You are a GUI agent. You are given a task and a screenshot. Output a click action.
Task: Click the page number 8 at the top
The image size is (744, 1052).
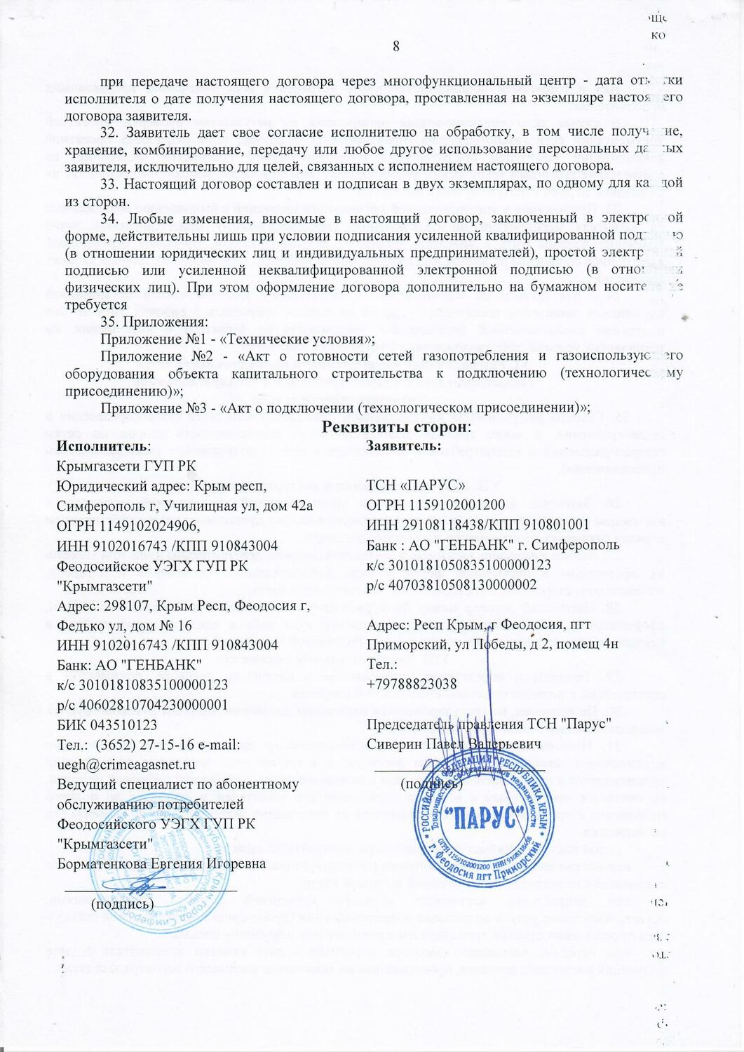click(395, 47)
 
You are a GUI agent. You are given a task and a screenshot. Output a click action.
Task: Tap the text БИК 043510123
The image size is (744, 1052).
click(107, 724)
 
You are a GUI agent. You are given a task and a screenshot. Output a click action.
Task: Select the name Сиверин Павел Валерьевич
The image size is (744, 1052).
click(453, 743)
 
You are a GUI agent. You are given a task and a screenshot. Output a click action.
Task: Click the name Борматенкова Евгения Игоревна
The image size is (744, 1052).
click(161, 863)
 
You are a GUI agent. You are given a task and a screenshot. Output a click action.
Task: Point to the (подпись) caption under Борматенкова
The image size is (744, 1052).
click(123, 905)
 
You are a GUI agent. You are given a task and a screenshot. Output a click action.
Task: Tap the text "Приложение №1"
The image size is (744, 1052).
click(141, 339)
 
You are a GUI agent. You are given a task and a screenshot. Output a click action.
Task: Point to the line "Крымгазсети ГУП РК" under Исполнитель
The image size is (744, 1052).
click(127, 466)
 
